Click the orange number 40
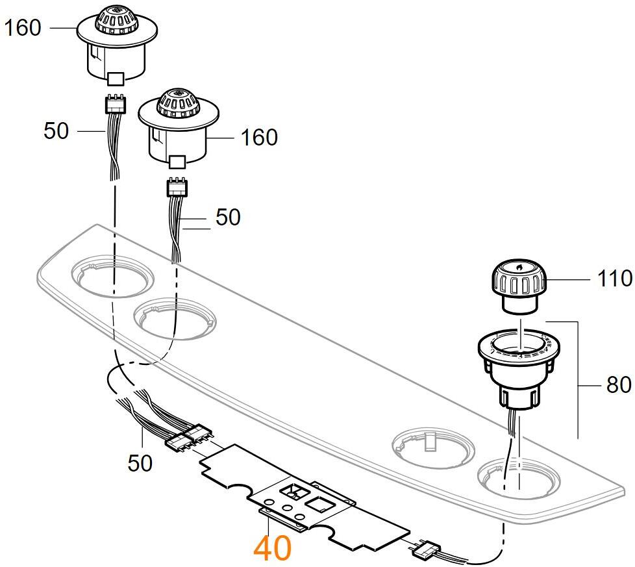click(x=272, y=548)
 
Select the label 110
click(x=614, y=279)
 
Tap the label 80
click(x=618, y=384)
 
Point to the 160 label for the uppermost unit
click(x=23, y=28)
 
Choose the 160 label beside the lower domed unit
click(x=259, y=138)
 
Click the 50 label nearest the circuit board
click(x=140, y=462)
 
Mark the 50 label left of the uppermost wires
click(x=56, y=131)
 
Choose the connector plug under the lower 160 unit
click(x=177, y=187)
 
